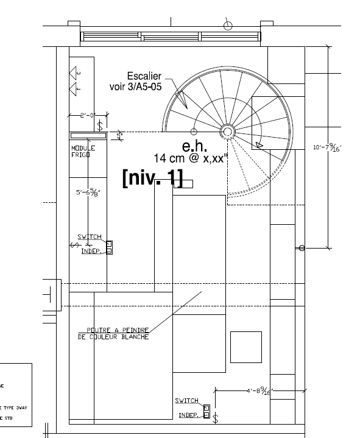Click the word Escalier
[144, 76]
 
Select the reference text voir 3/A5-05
[135, 87]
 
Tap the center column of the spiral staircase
[227, 131]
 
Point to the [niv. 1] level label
[152, 177]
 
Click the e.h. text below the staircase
[195, 147]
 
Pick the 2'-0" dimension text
[88, 115]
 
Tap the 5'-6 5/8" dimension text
[87, 193]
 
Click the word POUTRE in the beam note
[99, 330]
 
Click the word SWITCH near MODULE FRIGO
[90, 237]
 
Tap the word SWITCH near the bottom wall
[187, 401]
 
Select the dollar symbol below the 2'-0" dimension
[100, 125]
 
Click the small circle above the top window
[228, 25]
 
